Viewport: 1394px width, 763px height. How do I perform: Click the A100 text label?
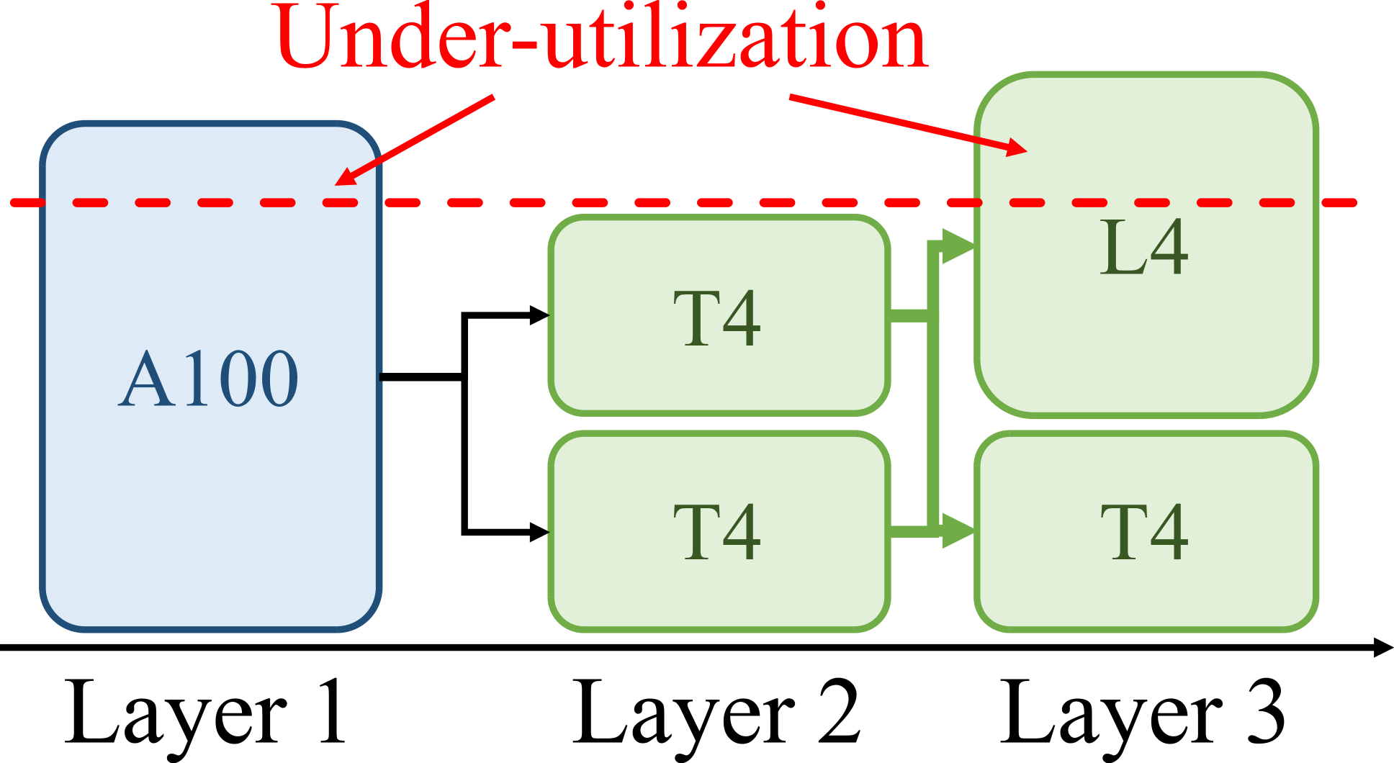pyautogui.click(x=209, y=379)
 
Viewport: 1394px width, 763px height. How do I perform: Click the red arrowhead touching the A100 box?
pyautogui.click(x=346, y=176)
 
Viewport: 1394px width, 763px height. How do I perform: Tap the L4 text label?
pyautogui.click(x=1143, y=248)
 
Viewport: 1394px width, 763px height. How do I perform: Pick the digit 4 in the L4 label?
pyautogui.click(x=1168, y=248)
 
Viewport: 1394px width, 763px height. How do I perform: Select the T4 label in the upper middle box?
pyautogui.click(x=717, y=318)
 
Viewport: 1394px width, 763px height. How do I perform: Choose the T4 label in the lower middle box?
pyautogui.click(x=717, y=532)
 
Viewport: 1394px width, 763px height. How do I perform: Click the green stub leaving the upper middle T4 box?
pyautogui.click(x=909, y=315)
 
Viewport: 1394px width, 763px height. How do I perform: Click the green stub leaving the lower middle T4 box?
pyautogui.click(x=909, y=531)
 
